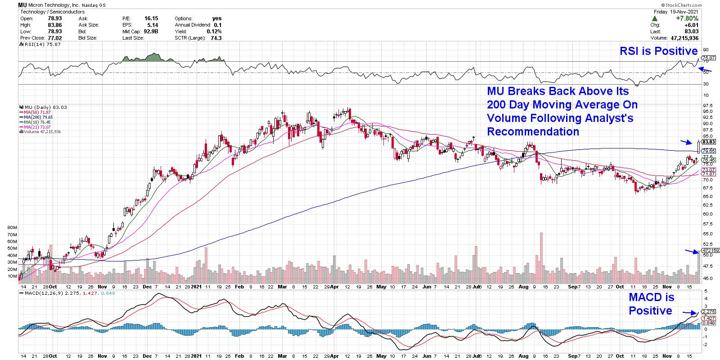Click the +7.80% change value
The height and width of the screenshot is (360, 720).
(688, 18)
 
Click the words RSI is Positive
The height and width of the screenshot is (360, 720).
(658, 51)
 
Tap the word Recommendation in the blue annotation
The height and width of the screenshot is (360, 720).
(533, 131)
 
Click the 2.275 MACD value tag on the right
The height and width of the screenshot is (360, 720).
(708, 311)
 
